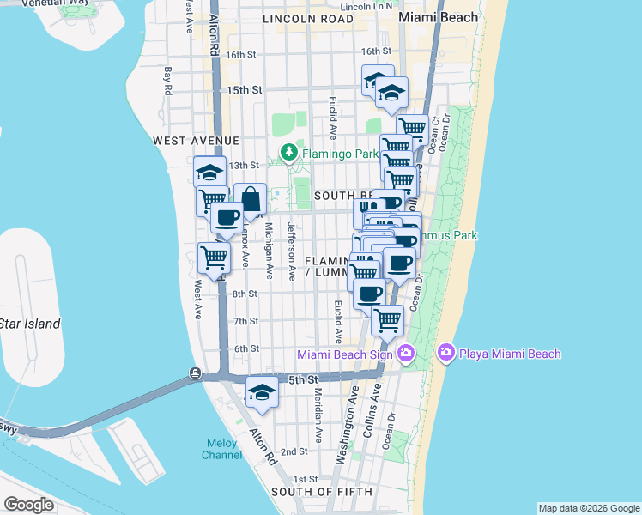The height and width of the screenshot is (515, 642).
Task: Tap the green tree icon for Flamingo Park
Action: click(289, 154)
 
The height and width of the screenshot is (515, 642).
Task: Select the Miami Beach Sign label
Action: click(347, 354)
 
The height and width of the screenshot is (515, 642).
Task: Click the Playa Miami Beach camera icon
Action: click(445, 353)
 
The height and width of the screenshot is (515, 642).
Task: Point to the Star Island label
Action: click(30, 324)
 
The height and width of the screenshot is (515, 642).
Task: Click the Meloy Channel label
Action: click(222, 449)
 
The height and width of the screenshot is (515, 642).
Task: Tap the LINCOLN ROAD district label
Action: click(308, 18)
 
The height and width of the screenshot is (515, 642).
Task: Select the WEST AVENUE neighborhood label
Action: click(196, 140)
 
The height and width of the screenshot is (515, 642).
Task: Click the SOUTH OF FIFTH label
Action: click(322, 492)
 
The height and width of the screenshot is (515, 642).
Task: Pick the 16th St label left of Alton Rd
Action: click(242, 55)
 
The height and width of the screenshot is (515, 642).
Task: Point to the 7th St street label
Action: click(246, 321)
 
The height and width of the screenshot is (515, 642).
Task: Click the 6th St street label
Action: click(246, 348)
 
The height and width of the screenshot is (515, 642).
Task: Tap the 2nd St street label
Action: click(294, 451)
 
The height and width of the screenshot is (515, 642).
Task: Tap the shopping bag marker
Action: click(251, 199)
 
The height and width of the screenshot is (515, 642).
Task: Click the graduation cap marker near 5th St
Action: click(262, 392)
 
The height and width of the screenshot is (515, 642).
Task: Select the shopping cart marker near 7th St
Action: click(388, 320)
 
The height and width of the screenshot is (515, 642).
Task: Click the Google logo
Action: click(29, 505)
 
